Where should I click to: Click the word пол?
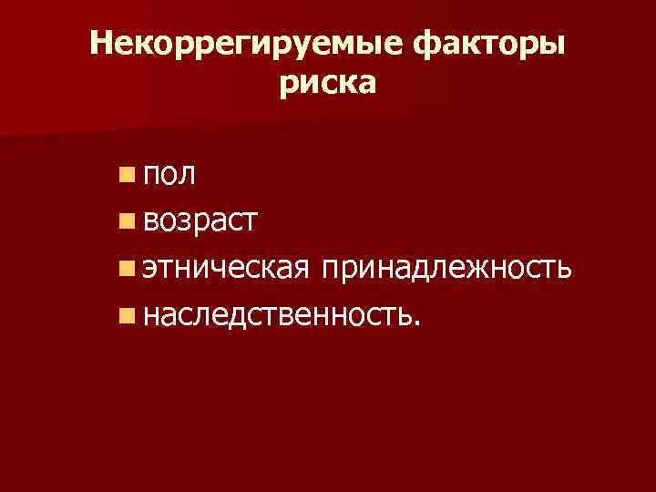click(169, 173)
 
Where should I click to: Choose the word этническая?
click(227, 268)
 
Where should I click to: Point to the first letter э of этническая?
click(150, 269)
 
